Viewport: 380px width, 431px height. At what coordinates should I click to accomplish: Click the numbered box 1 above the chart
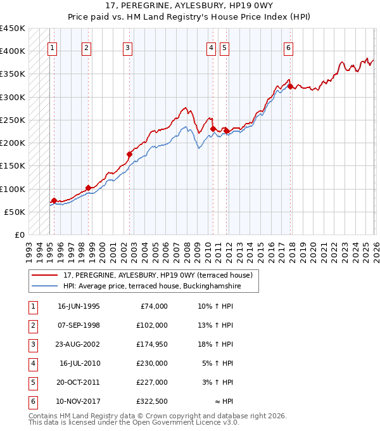(x=51, y=46)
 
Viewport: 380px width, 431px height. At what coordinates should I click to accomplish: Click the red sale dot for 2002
(x=129, y=154)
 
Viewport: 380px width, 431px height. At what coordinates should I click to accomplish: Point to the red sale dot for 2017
(x=290, y=87)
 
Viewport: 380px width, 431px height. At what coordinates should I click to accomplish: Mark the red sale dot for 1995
(x=54, y=200)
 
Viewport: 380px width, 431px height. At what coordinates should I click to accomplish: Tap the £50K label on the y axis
(x=15, y=212)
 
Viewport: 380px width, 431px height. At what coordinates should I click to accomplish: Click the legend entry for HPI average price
(x=152, y=286)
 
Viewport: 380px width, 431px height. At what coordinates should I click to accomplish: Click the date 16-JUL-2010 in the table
(x=79, y=363)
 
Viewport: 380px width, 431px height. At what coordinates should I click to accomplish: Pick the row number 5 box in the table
(x=32, y=382)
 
